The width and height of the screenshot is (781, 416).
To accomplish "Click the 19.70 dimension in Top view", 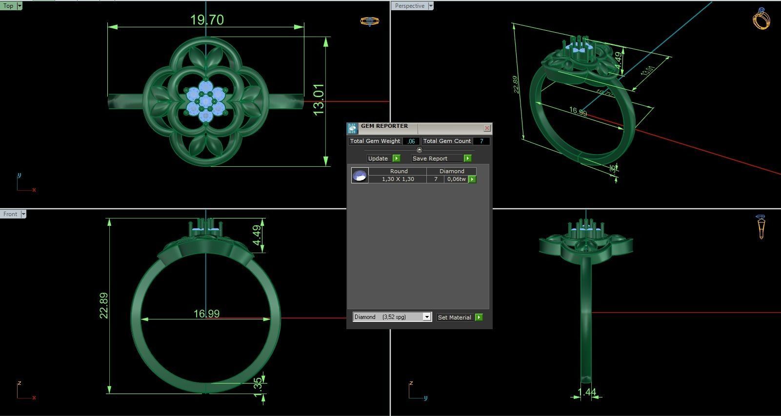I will (207, 20).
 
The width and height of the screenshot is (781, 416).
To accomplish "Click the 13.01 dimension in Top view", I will (319, 99).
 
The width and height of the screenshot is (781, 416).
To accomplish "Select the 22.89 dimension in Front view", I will (104, 306).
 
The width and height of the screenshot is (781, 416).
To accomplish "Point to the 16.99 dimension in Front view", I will (206, 314).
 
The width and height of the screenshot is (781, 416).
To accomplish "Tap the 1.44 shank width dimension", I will (587, 392).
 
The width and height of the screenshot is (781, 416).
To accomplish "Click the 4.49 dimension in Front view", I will (257, 236).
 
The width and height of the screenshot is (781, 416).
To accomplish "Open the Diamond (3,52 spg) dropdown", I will (426, 317).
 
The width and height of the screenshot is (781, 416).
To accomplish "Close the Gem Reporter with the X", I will (487, 128).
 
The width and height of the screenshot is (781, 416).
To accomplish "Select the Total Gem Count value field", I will (481, 141).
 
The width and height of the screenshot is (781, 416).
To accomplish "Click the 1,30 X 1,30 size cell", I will (398, 179).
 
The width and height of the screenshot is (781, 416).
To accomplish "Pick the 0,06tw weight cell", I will (456, 179).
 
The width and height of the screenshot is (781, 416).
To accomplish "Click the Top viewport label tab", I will (8, 6).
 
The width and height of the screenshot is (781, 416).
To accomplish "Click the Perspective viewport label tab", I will (409, 6).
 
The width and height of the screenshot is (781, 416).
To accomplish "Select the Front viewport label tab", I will (10, 214).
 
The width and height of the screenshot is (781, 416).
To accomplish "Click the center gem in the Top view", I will (206, 101).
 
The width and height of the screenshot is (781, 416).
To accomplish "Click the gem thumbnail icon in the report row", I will (360, 176).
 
